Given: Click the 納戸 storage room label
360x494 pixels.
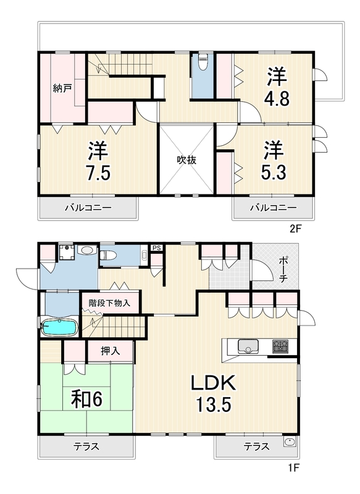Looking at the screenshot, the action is point(62,88).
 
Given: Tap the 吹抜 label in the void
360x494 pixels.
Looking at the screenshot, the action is point(186,160).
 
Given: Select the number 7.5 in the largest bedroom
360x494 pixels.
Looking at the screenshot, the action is point(98,173).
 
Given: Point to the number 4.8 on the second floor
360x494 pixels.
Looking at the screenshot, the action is point(277,99).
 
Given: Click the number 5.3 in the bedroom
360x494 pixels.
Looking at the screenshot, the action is point(274,172).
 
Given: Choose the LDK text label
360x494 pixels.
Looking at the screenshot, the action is point(214,382).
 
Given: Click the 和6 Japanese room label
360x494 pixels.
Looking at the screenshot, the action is point(86,399).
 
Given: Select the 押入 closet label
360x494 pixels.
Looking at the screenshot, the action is point(111,351).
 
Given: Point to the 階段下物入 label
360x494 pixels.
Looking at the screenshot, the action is point(109,303).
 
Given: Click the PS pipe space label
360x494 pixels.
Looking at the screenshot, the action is point(157,248).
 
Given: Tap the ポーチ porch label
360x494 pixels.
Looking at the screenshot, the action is point(283,270).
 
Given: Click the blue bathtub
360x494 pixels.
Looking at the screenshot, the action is point(59,328).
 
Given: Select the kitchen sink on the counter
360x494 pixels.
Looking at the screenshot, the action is point(248,346).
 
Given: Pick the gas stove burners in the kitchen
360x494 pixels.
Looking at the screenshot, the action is point(280,346).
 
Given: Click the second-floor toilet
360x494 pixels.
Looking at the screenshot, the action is point(203,61).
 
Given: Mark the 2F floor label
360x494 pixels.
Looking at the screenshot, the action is point(295,228).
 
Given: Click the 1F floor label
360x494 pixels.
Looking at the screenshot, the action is point(293,467).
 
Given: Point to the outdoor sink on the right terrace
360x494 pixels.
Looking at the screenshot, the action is point(290,442).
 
